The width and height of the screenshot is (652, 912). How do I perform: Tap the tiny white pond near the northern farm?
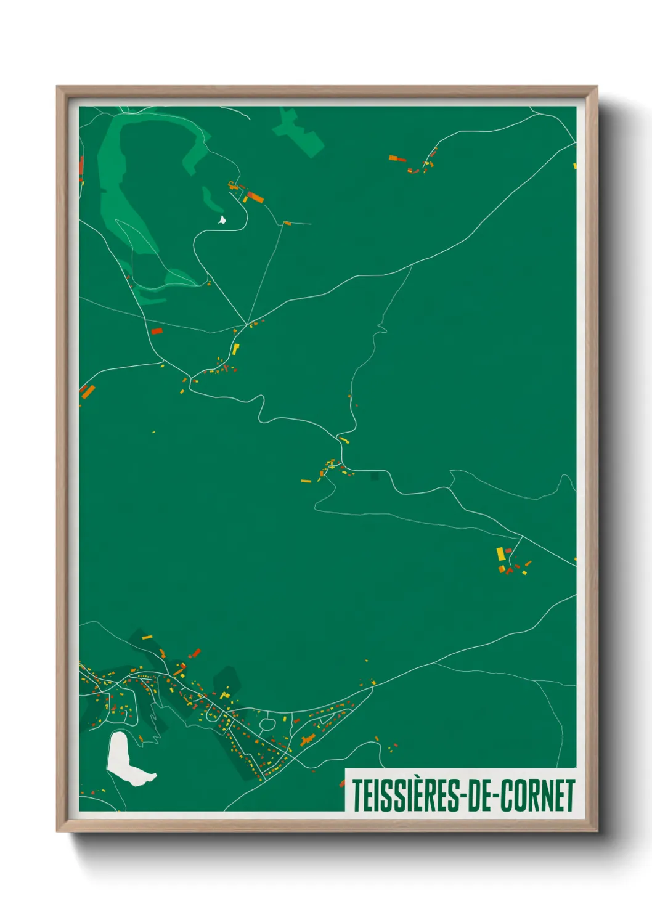click(222, 219)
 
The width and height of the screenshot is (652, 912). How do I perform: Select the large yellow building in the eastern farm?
click(501, 554)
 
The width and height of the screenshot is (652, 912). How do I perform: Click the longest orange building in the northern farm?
click(255, 197)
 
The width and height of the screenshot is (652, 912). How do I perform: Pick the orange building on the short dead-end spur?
click(287, 222)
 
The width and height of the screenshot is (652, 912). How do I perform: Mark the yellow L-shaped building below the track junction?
click(235, 349)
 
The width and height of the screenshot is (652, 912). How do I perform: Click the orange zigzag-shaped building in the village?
click(308, 739)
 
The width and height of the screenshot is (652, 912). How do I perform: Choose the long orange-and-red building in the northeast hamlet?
click(397, 159)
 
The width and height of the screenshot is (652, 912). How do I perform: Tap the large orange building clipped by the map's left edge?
click(88, 391)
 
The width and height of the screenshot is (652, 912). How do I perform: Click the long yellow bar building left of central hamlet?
click(306, 481)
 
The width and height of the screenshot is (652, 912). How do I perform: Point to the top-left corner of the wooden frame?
click(58, 88)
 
